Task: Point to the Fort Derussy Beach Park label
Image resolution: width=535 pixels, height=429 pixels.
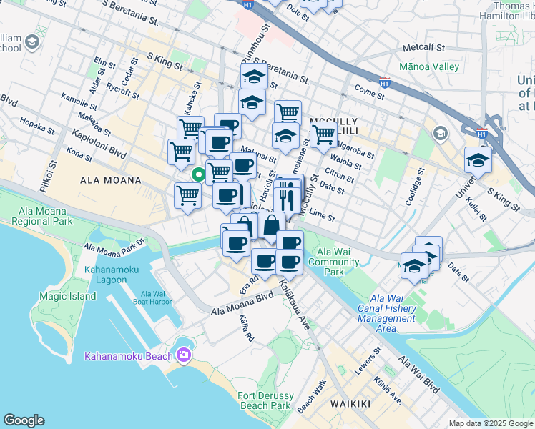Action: point(265,400)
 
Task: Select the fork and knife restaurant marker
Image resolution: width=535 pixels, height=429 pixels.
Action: point(285,195)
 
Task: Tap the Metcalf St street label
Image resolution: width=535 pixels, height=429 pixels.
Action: point(423,48)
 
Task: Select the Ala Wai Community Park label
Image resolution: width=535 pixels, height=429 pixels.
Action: point(333,262)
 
